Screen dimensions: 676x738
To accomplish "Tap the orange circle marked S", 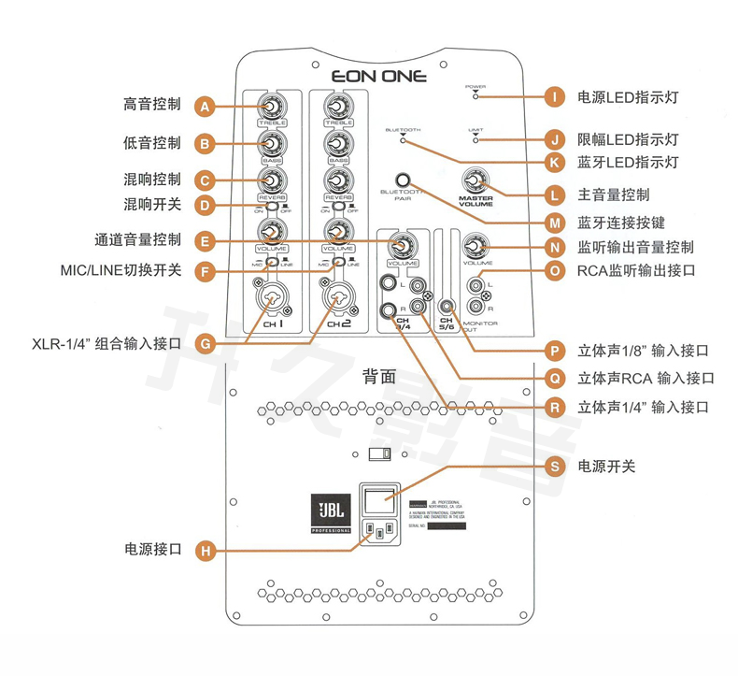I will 555,466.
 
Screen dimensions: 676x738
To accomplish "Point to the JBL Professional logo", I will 332,514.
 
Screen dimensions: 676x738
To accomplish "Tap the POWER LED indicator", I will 475,95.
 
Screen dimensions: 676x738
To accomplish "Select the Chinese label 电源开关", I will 607,466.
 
